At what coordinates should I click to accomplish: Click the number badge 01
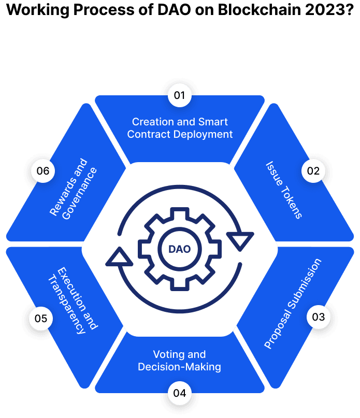pos(180,95)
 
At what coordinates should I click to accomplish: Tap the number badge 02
pos(313,171)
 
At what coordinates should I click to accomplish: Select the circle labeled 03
pos(319,317)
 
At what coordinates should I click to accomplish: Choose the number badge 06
pos(43,171)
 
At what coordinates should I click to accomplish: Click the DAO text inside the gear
pos(180,249)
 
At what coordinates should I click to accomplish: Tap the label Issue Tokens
pos(284,190)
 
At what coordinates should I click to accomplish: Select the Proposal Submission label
pos(293,303)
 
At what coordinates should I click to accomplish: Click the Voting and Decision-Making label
pos(180,361)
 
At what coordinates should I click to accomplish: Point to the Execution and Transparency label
pos(72,300)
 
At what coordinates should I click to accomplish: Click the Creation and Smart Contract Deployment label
pos(180,128)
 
